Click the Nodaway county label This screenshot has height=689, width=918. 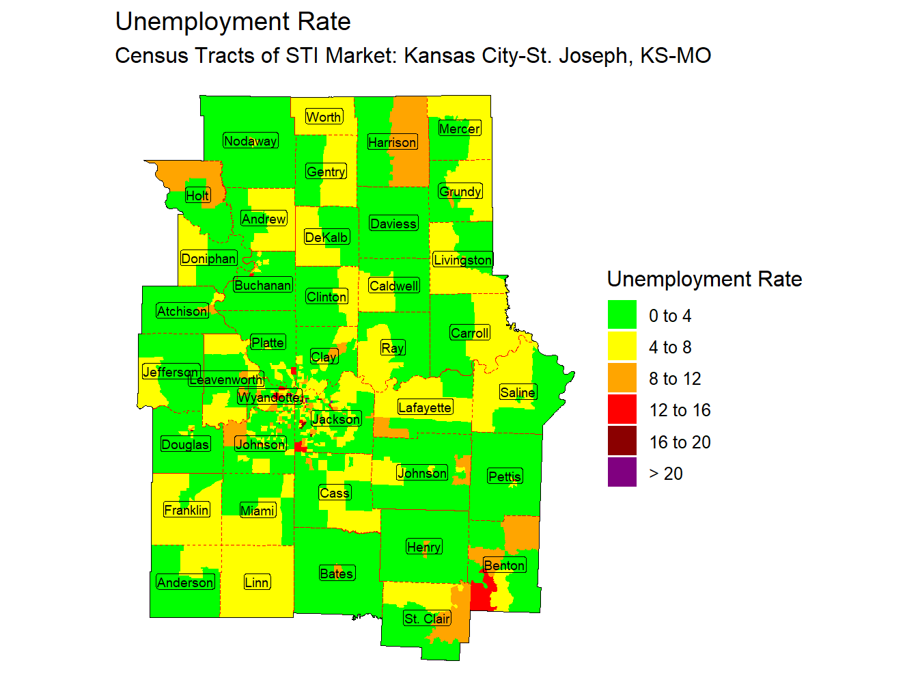[x=250, y=141]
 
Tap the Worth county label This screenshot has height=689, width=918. [x=324, y=117]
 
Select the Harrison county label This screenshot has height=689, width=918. [x=392, y=142]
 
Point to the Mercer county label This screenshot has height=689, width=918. [x=459, y=129]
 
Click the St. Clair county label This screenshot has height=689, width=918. [x=427, y=619]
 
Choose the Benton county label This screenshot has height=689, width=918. [x=504, y=565]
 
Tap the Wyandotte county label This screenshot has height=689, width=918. [x=268, y=397]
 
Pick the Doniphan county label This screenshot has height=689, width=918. [x=208, y=258]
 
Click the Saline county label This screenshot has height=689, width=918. [x=517, y=392]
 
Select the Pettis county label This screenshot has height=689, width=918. [x=505, y=476]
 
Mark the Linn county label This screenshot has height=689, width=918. [x=257, y=582]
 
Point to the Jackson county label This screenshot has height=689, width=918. [x=335, y=419]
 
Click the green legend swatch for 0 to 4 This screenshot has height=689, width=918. [x=622, y=315]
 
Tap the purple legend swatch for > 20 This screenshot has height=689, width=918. [x=622, y=473]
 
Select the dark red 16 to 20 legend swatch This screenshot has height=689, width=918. [x=622, y=442]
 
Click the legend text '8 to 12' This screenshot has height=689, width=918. [x=675, y=379]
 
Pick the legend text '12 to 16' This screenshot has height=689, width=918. [x=680, y=410]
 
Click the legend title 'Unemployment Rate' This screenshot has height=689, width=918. [x=704, y=279]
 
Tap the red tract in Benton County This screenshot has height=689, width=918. [x=483, y=596]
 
